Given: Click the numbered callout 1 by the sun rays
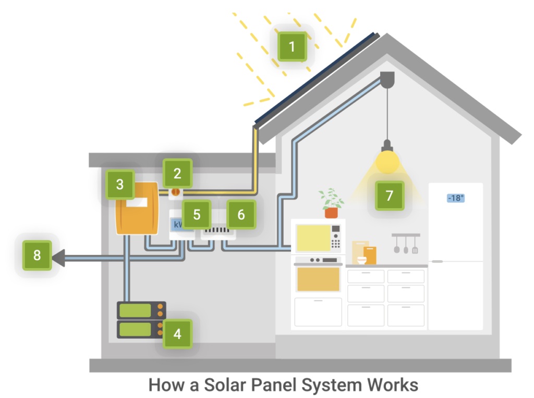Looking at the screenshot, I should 292,47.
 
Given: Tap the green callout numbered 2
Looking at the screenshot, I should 177,174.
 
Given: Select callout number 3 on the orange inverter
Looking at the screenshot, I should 120,184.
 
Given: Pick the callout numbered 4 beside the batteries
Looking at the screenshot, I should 177,334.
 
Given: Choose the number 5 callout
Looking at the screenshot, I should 197,214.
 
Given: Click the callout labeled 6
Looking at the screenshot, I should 241,214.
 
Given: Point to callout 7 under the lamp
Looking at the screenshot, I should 389,196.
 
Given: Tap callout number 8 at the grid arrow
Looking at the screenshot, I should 37,255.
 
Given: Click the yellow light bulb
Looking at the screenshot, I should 387,161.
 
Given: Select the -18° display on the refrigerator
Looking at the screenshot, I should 456,198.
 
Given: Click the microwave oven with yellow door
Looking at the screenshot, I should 318,237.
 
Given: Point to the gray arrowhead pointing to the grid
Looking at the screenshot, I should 58,257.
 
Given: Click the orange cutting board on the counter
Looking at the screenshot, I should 370,255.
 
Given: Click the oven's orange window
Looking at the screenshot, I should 318,279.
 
